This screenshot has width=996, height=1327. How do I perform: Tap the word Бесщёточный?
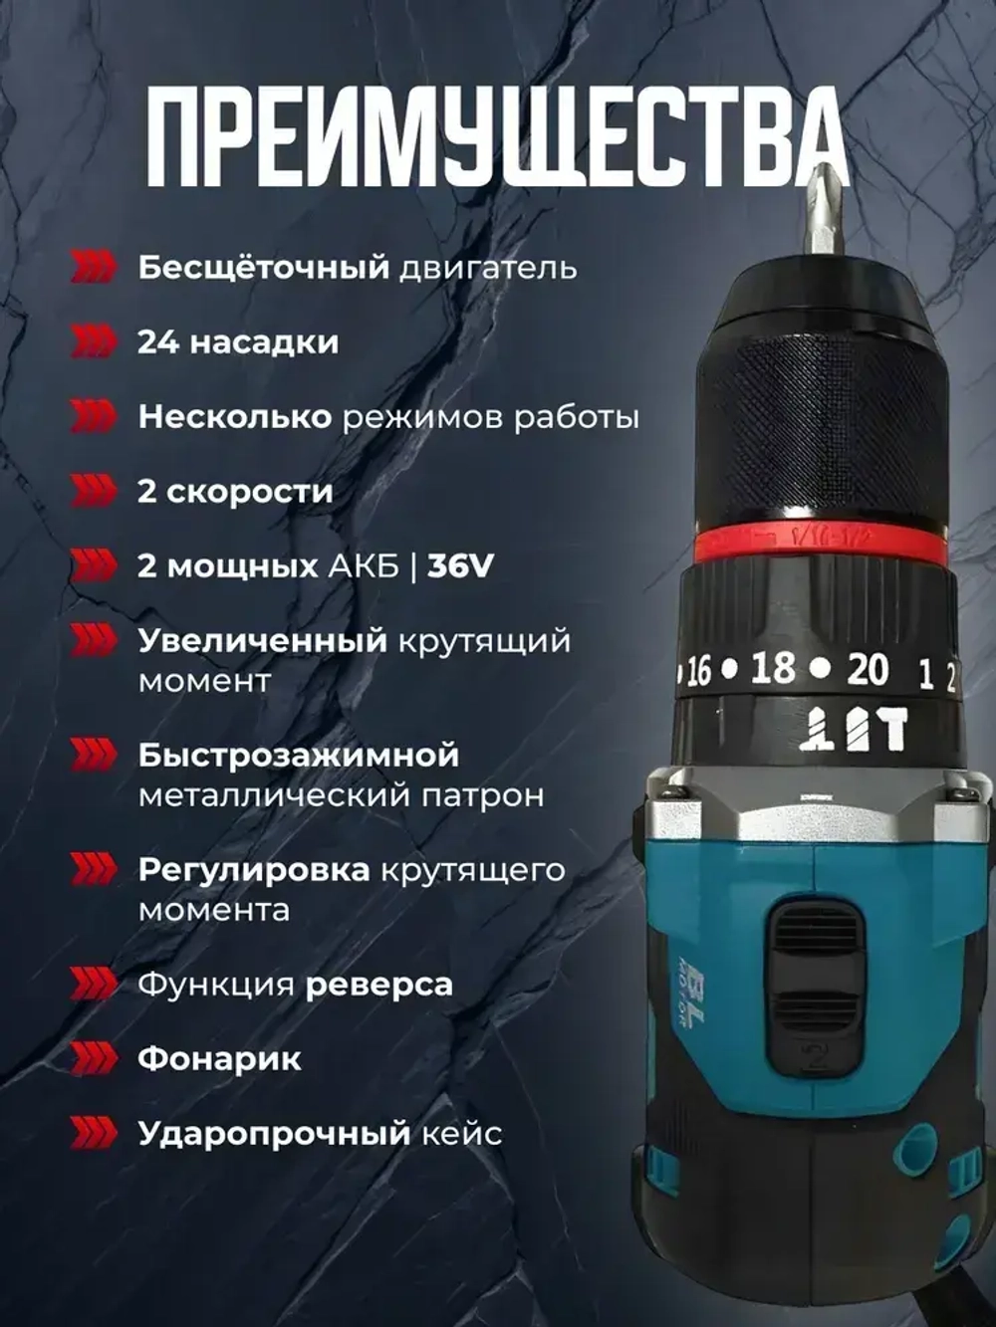(x=263, y=268)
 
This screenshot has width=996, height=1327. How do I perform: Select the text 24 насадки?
(x=238, y=342)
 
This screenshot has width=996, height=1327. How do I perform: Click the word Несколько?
(x=234, y=417)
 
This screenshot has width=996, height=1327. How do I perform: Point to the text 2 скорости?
(x=235, y=492)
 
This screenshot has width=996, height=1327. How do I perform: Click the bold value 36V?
(x=460, y=566)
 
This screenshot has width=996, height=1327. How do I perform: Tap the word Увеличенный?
(x=262, y=640)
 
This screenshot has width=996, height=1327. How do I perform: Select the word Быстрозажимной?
(x=299, y=755)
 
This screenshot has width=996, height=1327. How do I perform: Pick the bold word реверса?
(x=378, y=985)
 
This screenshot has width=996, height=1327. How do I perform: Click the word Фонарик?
(x=219, y=1058)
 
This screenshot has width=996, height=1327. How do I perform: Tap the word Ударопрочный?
(x=274, y=1134)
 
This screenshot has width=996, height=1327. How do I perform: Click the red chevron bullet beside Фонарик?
(x=94, y=1058)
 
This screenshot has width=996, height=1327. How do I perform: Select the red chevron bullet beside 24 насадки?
(x=94, y=342)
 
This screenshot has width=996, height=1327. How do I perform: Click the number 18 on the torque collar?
(x=773, y=669)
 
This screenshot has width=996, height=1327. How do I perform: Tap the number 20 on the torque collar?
(x=868, y=670)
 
